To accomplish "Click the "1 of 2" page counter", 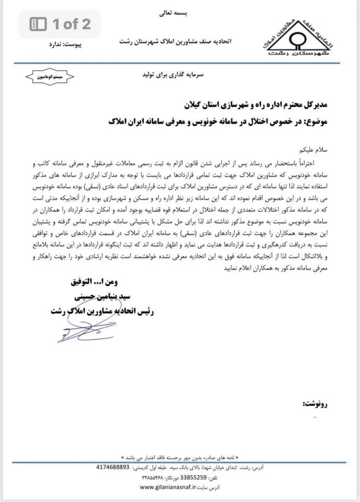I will coord(72,25).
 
